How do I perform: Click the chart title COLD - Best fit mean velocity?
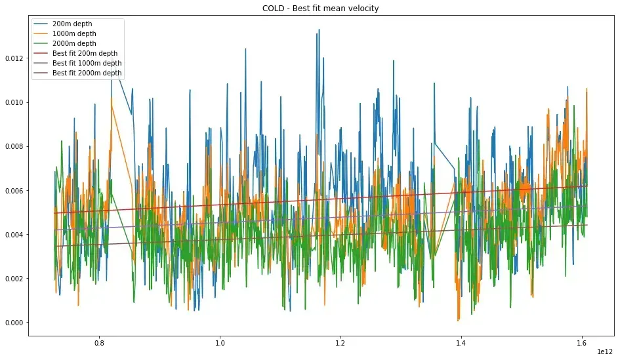click(x=310, y=9)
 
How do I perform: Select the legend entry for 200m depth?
click(x=72, y=24)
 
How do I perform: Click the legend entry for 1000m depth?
click(x=73, y=33)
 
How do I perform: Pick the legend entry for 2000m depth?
click(x=73, y=43)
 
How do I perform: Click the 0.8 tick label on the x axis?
click(x=100, y=342)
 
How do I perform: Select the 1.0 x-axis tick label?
click(x=220, y=342)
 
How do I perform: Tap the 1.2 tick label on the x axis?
click(x=340, y=342)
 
